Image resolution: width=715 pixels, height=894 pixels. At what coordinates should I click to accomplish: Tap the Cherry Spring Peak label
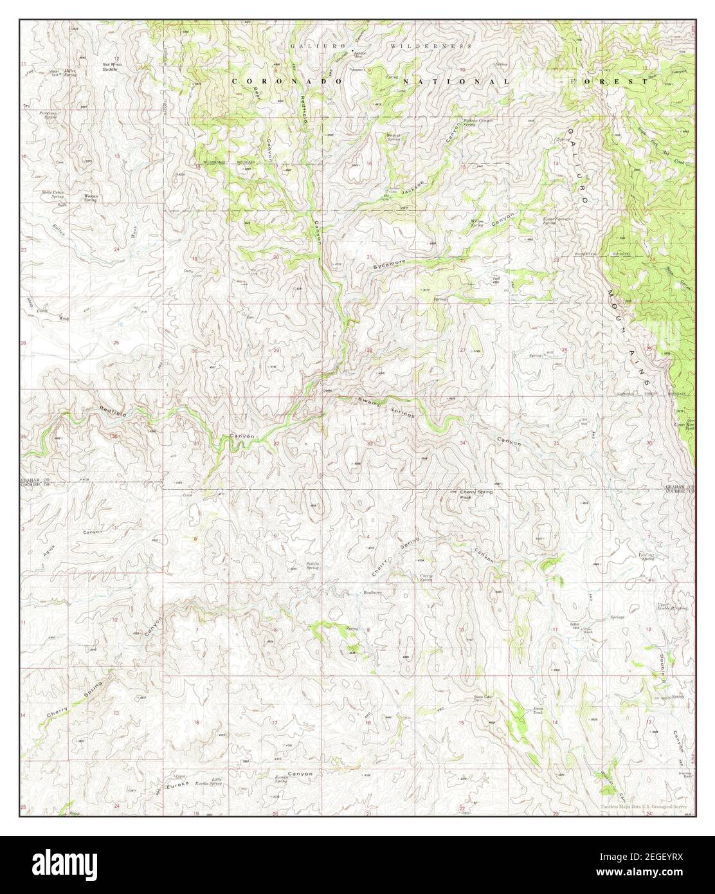point(476,495)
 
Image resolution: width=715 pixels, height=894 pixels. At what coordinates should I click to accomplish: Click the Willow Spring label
point(476,223)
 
